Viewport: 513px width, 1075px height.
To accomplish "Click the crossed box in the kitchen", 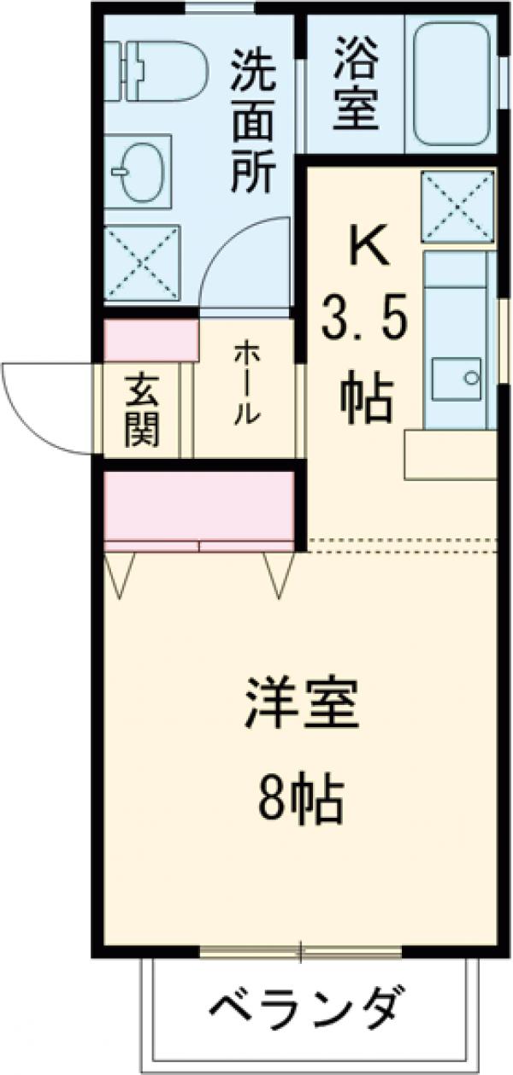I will (457, 206).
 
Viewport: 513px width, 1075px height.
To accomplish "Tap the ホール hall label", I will (244, 385).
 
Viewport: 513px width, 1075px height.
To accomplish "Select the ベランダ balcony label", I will (303, 1013).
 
